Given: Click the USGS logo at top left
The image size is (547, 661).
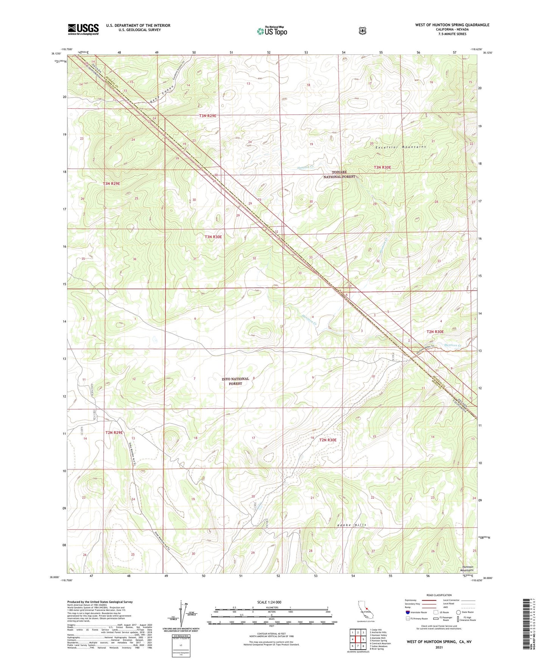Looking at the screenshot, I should click(x=83, y=29).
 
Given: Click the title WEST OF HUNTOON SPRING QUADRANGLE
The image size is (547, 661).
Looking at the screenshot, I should click(x=452, y=25).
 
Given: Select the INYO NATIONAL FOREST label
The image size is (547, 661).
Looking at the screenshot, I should click(x=235, y=381).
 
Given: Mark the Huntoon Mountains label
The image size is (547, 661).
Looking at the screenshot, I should click(x=467, y=569).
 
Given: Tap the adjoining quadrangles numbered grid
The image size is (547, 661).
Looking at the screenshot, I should click(x=358, y=639).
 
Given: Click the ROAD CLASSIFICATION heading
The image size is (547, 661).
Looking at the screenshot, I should click(x=439, y=595).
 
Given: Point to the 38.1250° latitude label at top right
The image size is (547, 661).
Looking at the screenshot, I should click(x=488, y=53).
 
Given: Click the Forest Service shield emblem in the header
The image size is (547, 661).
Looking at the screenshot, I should click(x=362, y=30).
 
